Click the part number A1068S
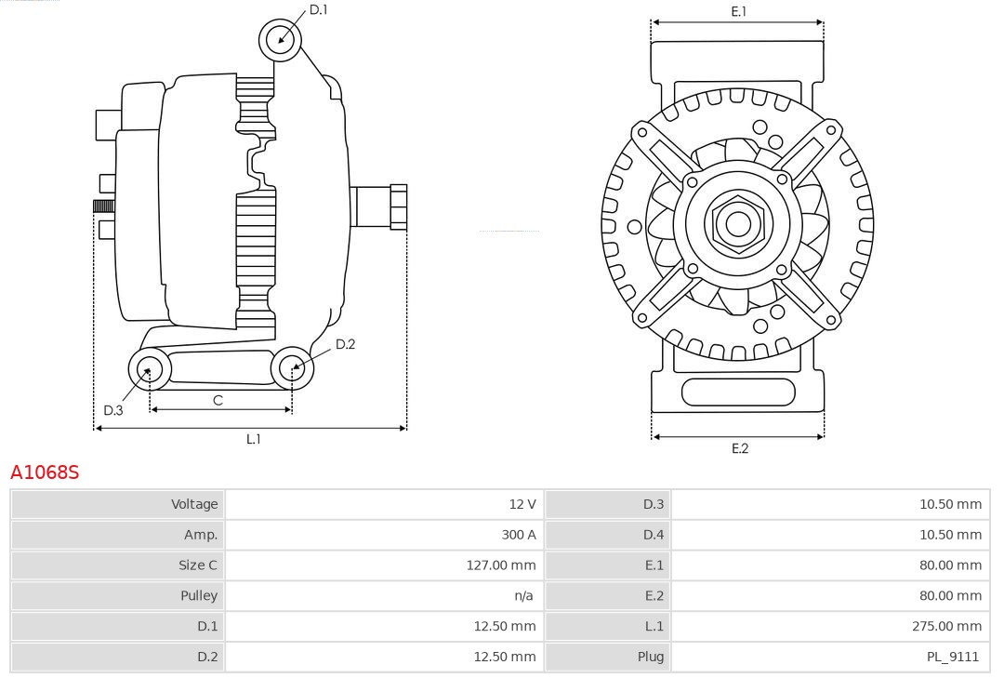(x=45, y=472)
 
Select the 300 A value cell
(x=518, y=535)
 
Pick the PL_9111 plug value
(x=952, y=657)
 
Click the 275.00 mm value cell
(x=946, y=626)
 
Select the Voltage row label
(x=194, y=504)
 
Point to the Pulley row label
(x=198, y=595)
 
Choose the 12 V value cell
(x=522, y=504)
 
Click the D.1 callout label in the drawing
(x=318, y=9)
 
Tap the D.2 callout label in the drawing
(x=345, y=344)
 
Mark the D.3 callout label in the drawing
(x=113, y=410)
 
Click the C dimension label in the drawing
(x=218, y=401)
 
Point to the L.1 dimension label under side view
(x=253, y=439)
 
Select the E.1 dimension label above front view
(x=739, y=11)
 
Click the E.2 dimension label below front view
(x=739, y=448)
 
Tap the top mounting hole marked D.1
(x=280, y=39)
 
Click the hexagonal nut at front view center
(x=738, y=223)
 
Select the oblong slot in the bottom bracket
(x=738, y=392)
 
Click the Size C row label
(x=198, y=565)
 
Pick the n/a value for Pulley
(x=523, y=595)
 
